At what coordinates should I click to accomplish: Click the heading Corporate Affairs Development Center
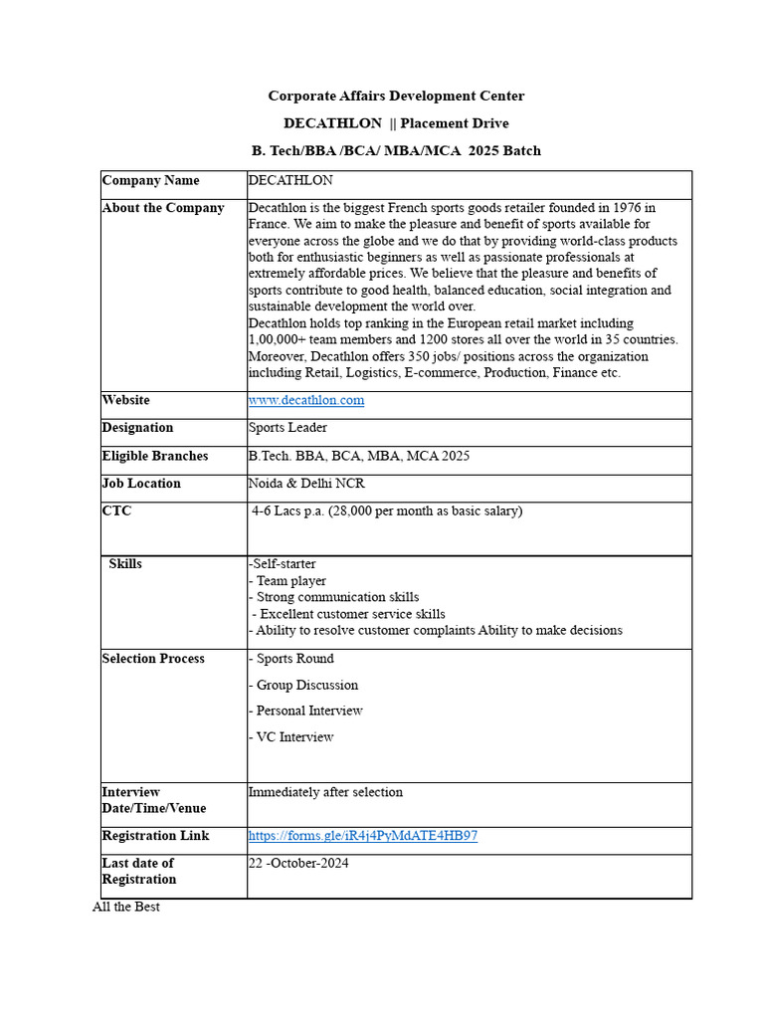click(x=396, y=97)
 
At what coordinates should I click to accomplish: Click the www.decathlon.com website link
click(x=306, y=400)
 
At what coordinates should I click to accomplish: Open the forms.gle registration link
click(x=363, y=836)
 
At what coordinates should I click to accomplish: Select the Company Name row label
click(x=150, y=181)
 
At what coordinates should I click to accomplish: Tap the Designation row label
click(x=137, y=428)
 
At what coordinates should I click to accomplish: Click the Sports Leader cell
click(x=287, y=428)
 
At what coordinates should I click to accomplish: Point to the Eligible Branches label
click(x=155, y=456)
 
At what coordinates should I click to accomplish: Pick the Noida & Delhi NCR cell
click(x=306, y=484)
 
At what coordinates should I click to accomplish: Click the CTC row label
click(x=116, y=511)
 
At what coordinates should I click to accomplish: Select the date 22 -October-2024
click(x=298, y=864)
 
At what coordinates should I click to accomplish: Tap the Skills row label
click(x=125, y=564)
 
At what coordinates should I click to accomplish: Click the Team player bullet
click(x=289, y=581)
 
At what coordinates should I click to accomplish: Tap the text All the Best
click(x=126, y=907)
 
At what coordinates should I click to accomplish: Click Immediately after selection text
click(x=326, y=793)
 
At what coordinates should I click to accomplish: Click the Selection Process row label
click(x=153, y=659)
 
